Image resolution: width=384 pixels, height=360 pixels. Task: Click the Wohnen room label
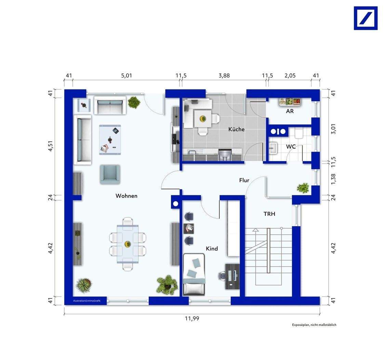[x=127, y=196]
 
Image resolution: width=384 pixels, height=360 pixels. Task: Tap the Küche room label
[x=236, y=129]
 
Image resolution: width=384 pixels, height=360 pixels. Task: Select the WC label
[x=291, y=147]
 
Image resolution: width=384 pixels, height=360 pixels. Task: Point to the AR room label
[x=290, y=111]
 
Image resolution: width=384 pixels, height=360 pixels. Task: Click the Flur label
[x=244, y=180]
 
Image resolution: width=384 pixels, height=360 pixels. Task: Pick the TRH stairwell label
[x=269, y=214]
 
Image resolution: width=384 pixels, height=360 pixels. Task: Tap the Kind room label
[x=212, y=249]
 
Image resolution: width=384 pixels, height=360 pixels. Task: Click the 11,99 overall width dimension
[x=192, y=318]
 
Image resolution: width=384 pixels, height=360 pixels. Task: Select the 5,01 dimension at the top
[x=127, y=75]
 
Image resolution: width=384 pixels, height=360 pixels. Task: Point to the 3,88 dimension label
[x=224, y=75]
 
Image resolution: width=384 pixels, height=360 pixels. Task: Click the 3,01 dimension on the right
[x=333, y=129]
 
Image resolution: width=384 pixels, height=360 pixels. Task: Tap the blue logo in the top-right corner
[x=366, y=18]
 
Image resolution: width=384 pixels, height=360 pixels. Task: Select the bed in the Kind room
[x=194, y=274]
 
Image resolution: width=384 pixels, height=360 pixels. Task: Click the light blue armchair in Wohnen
[x=110, y=174]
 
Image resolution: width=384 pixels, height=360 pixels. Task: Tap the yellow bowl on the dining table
[x=127, y=244]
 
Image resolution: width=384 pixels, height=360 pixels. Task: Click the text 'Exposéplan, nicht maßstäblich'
[x=314, y=325]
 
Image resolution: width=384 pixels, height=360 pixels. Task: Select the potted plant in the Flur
[x=303, y=188]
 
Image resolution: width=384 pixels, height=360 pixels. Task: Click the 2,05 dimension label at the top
[x=290, y=75]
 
